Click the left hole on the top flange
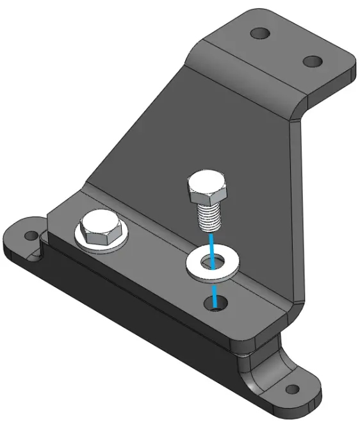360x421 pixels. tap(259, 33)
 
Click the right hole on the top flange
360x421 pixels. tap(312, 62)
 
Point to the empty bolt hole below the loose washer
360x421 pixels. tap(217, 305)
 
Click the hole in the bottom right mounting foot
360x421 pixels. tap(291, 391)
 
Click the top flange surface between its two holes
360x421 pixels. tap(286, 47)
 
